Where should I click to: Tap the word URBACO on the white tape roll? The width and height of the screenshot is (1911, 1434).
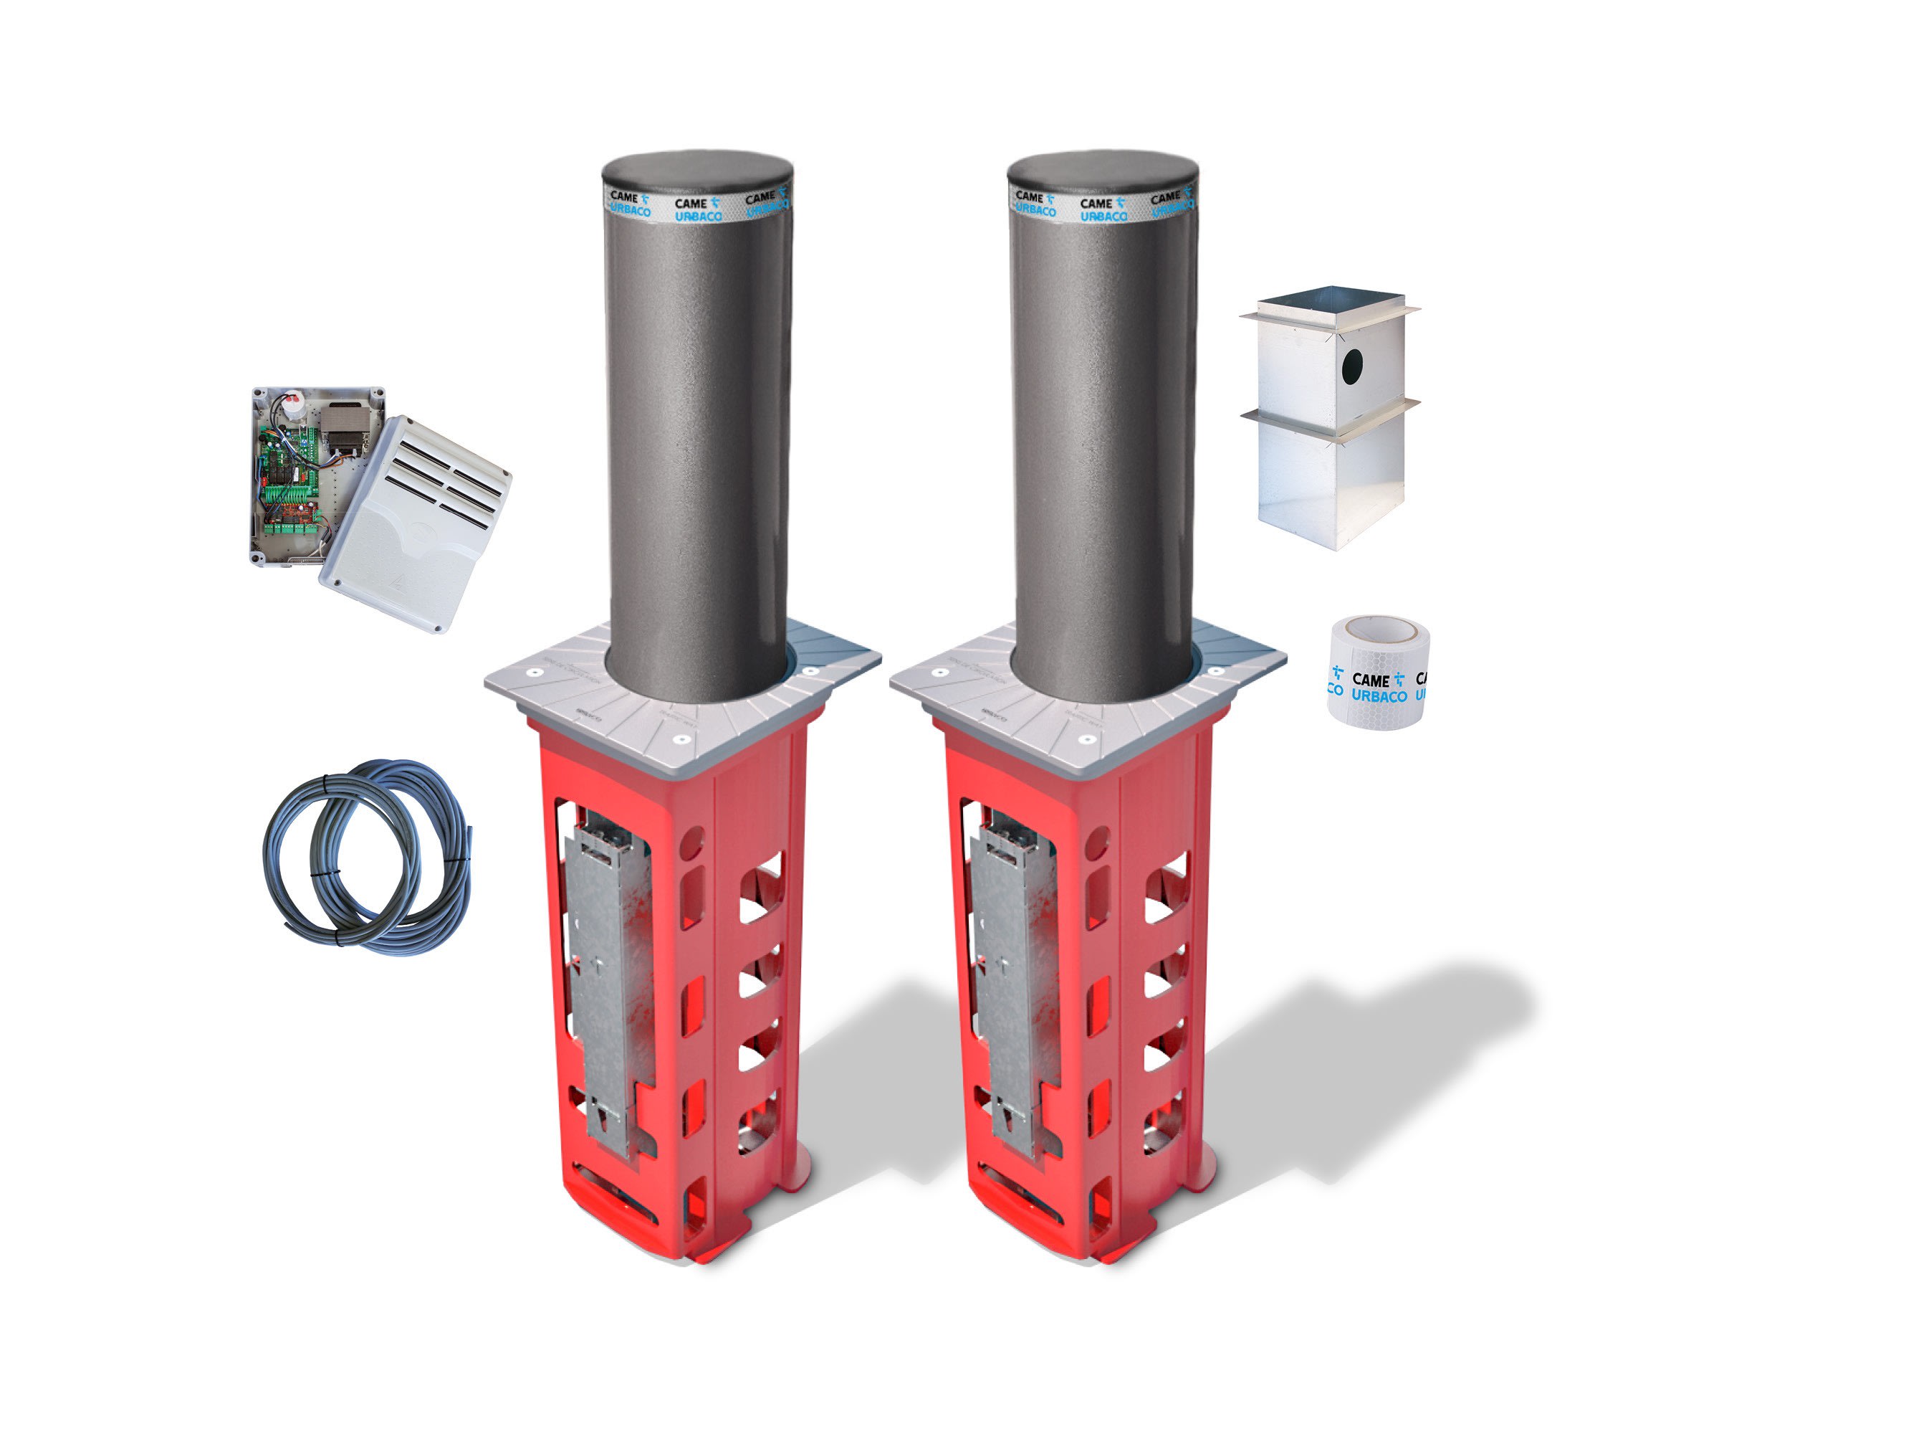coord(1379,695)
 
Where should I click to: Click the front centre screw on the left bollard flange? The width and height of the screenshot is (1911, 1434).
coord(680,740)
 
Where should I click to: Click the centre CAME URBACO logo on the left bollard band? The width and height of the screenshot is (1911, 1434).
coord(696,209)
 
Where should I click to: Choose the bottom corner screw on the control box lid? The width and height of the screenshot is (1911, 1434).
coord(441,626)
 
